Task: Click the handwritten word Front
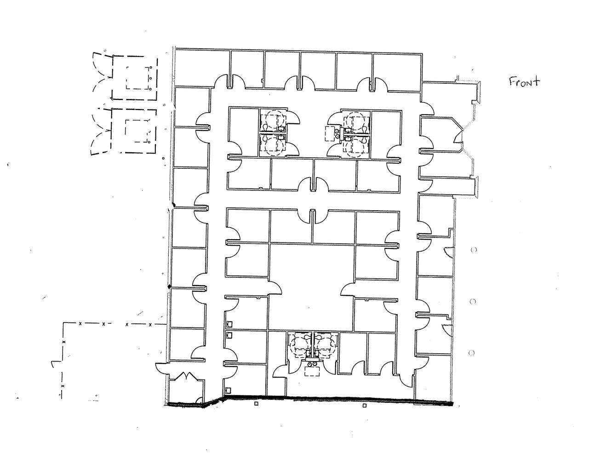click(x=524, y=81)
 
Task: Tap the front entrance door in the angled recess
click(x=458, y=136)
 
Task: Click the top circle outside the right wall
click(x=474, y=250)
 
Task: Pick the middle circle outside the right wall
click(x=472, y=301)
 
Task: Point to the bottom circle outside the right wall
click(x=471, y=353)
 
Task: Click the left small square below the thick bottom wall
click(x=256, y=403)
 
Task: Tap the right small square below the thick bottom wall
click(x=364, y=406)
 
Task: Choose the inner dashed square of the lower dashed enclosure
click(x=137, y=131)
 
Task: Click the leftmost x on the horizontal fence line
click(x=80, y=324)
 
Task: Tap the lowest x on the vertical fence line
click(x=63, y=386)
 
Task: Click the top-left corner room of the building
click(x=202, y=69)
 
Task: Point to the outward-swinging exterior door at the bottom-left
click(x=163, y=368)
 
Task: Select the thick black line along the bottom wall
click(x=309, y=401)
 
